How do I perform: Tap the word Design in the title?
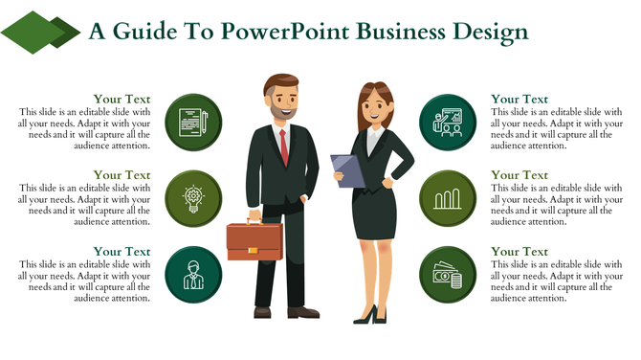coord(484,32)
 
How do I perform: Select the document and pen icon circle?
coord(193,123)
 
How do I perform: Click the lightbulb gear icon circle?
coord(193,198)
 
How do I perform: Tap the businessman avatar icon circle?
coord(193,273)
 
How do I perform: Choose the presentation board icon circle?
coord(448,123)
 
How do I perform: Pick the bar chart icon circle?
coord(448,198)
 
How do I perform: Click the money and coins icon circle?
coord(448,273)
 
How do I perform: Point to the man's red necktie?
coord(283,146)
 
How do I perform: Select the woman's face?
coord(371,106)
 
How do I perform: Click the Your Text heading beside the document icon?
coord(122,99)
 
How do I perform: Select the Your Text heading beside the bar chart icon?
coord(519,175)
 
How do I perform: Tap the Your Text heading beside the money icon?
coord(519,251)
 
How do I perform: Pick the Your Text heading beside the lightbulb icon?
coord(122,175)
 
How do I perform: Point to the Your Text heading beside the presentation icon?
coord(519,99)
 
